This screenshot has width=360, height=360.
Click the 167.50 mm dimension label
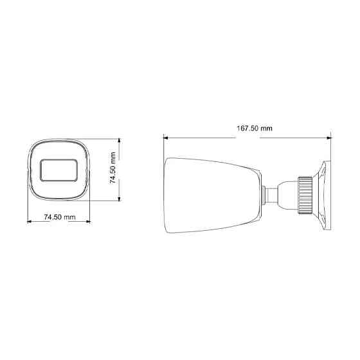coord(254,128)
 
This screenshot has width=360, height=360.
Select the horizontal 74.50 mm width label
coord(60,218)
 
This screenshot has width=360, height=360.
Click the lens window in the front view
coord(59,170)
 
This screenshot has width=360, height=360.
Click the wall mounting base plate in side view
coord(324,194)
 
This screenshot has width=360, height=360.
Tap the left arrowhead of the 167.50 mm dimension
coord(166,136)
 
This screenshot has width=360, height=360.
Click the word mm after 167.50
coord(266,128)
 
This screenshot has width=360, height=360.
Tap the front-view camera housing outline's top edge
coord(59,139)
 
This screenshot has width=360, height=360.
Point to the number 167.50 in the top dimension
coord(247,128)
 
